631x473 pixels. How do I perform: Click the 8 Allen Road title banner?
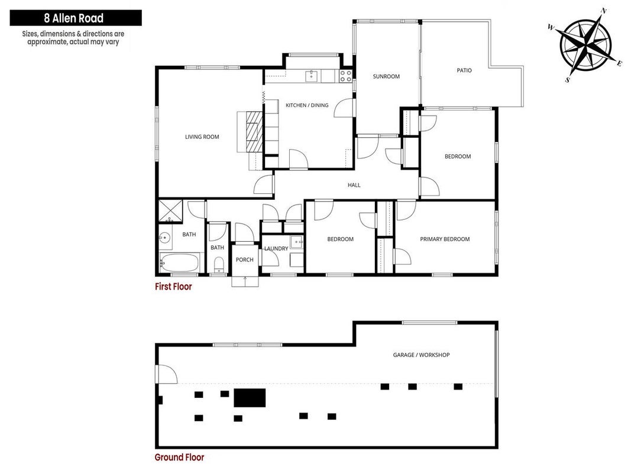tap(76, 18)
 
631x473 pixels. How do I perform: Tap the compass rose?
tap(586, 44)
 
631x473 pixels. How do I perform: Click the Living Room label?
tap(202, 137)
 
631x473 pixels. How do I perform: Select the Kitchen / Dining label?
tap(307, 105)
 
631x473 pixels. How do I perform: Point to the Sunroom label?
tap(386, 76)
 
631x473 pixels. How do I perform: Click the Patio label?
tap(464, 70)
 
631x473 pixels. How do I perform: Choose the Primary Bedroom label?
tap(445, 239)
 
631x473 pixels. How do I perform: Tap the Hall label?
tap(354, 185)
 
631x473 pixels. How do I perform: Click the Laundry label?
tap(276, 248)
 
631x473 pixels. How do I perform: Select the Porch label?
tap(245, 260)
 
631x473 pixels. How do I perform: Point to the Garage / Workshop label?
tap(421, 355)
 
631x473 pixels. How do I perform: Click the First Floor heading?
tap(173, 286)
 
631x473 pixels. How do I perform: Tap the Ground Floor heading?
tap(179, 457)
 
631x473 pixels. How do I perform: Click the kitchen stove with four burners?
tap(346, 76)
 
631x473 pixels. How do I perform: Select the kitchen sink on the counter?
tap(312, 76)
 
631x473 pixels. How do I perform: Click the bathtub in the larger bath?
tap(180, 263)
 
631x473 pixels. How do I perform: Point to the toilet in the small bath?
tap(219, 265)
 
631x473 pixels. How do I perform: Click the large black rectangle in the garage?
tap(250, 398)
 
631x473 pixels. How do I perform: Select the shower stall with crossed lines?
tap(171, 210)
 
